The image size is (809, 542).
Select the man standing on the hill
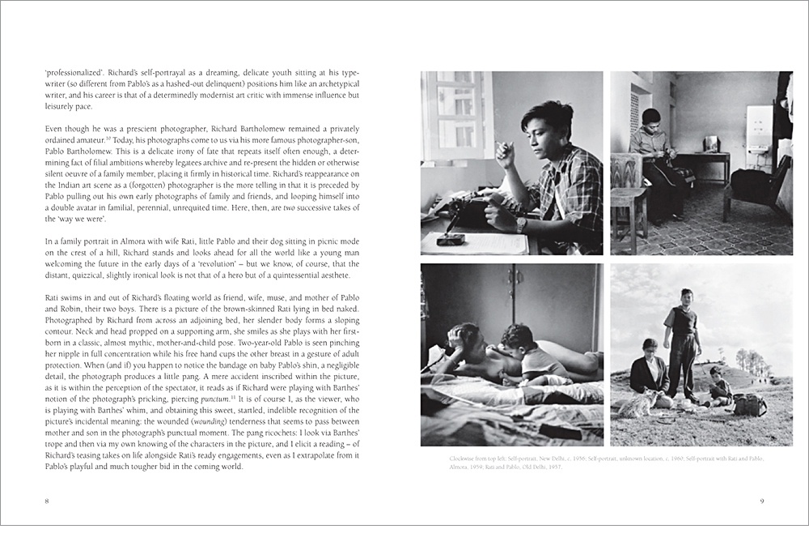pyautogui.click(x=681, y=341)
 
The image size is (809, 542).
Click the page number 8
pyautogui.click(x=46, y=501)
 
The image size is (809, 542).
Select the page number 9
pyautogui.click(x=761, y=501)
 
